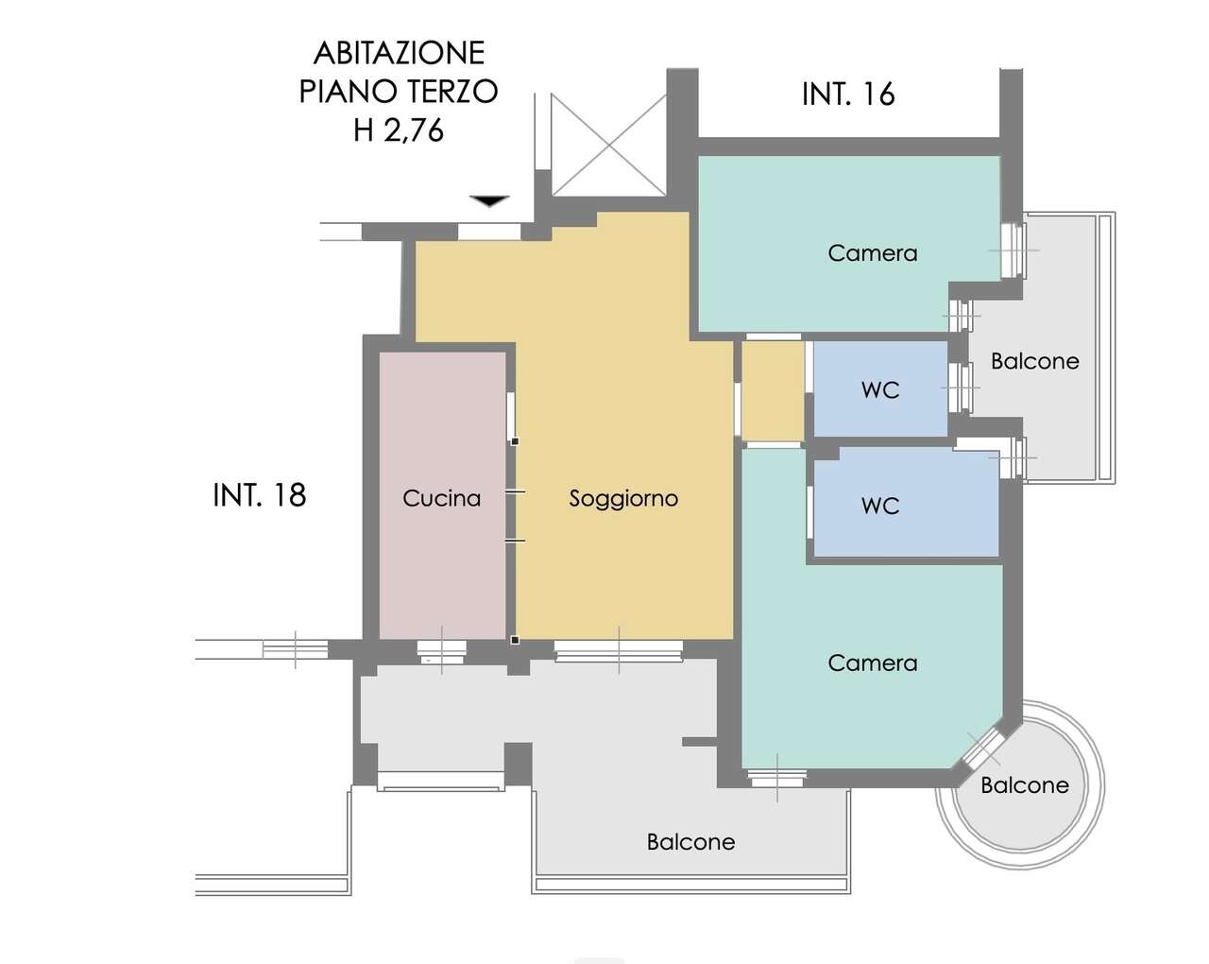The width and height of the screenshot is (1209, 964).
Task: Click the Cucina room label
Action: click(x=442, y=499)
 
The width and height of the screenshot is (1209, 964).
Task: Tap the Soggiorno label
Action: click(x=623, y=499)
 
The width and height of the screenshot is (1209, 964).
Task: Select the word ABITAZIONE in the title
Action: click(x=399, y=53)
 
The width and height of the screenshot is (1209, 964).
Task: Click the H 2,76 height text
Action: click(x=399, y=130)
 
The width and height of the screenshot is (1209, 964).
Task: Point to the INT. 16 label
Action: click(x=848, y=95)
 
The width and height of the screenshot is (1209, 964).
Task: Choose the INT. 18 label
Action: click(x=260, y=495)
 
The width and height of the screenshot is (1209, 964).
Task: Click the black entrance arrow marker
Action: click(x=490, y=200)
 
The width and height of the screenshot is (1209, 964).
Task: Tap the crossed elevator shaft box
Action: click(x=609, y=145)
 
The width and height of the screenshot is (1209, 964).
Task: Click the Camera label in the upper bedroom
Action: click(x=873, y=253)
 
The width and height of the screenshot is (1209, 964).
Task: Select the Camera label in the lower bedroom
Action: click(x=873, y=663)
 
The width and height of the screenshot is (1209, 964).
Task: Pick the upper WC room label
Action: click(x=880, y=390)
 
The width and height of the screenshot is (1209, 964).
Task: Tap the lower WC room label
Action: click(x=880, y=506)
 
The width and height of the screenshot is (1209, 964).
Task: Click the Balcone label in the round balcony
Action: click(x=1025, y=785)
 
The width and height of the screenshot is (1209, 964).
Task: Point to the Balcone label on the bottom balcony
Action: click(x=690, y=842)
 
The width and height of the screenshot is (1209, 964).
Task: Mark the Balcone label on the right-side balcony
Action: click(x=1035, y=361)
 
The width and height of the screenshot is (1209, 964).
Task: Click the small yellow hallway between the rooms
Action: click(x=773, y=391)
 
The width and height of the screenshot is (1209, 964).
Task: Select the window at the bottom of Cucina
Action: click(x=442, y=653)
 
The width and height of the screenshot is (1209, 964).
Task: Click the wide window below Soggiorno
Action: click(x=619, y=650)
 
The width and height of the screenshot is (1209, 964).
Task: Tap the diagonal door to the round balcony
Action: click(x=983, y=749)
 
